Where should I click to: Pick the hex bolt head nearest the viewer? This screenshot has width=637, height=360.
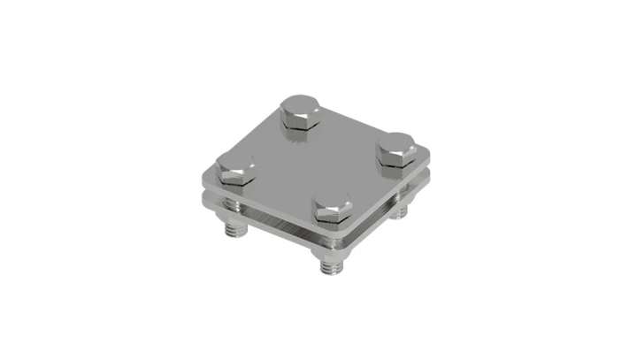click(x=333, y=205)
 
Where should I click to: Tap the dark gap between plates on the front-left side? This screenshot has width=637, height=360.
click(x=265, y=218)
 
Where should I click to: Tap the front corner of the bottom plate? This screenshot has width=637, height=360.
click(x=336, y=253)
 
